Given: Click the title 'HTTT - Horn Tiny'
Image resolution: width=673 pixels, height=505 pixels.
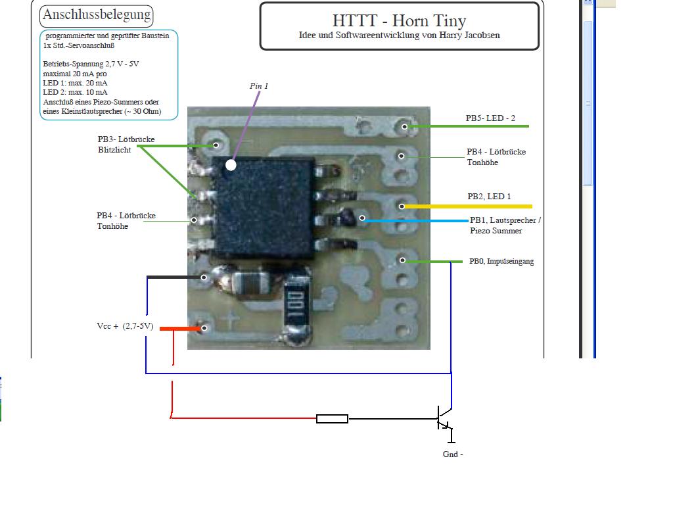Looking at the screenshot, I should click(399, 21).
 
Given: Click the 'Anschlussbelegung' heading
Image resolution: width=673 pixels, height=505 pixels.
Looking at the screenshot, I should click(96, 14).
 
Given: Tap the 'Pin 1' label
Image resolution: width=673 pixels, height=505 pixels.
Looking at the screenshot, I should click(259, 86).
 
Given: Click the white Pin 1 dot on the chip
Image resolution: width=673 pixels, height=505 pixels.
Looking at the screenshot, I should click(231, 165).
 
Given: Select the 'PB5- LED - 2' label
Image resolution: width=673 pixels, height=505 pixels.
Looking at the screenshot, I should click(490, 118).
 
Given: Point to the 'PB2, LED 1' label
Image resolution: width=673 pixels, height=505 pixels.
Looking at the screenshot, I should click(489, 197).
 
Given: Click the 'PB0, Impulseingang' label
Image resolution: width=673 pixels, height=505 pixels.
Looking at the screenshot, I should click(501, 261).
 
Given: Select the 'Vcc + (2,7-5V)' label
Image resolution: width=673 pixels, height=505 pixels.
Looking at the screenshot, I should click(125, 326).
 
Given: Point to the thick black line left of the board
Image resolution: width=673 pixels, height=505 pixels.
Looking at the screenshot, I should click(174, 277).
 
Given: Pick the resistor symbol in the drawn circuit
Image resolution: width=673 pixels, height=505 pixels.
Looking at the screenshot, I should click(332, 419).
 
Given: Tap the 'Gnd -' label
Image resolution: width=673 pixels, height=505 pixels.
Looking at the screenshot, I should click(453, 454).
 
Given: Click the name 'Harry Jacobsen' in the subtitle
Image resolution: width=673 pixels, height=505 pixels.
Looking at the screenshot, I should click(471, 36).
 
